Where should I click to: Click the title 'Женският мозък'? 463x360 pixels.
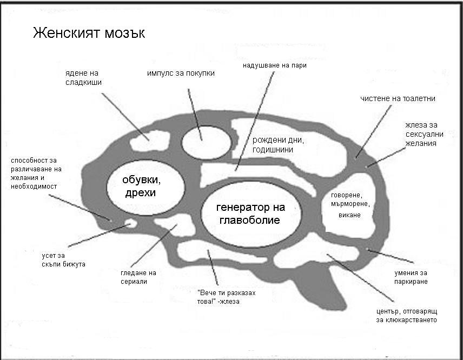[89, 33]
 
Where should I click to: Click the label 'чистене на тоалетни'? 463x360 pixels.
[398, 98]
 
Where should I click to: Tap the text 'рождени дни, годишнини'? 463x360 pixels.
[278, 144]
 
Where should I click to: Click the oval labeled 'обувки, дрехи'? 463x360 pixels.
[145, 185]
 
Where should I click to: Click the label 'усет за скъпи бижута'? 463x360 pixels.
[63, 259]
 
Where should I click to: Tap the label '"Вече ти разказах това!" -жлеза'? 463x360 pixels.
[226, 297]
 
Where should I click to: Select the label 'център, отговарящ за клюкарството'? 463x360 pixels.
[406, 316]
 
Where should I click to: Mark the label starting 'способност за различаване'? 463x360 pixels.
[36, 173]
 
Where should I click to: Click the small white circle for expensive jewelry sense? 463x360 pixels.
[130, 223]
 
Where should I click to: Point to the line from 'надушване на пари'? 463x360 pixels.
[254, 119]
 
